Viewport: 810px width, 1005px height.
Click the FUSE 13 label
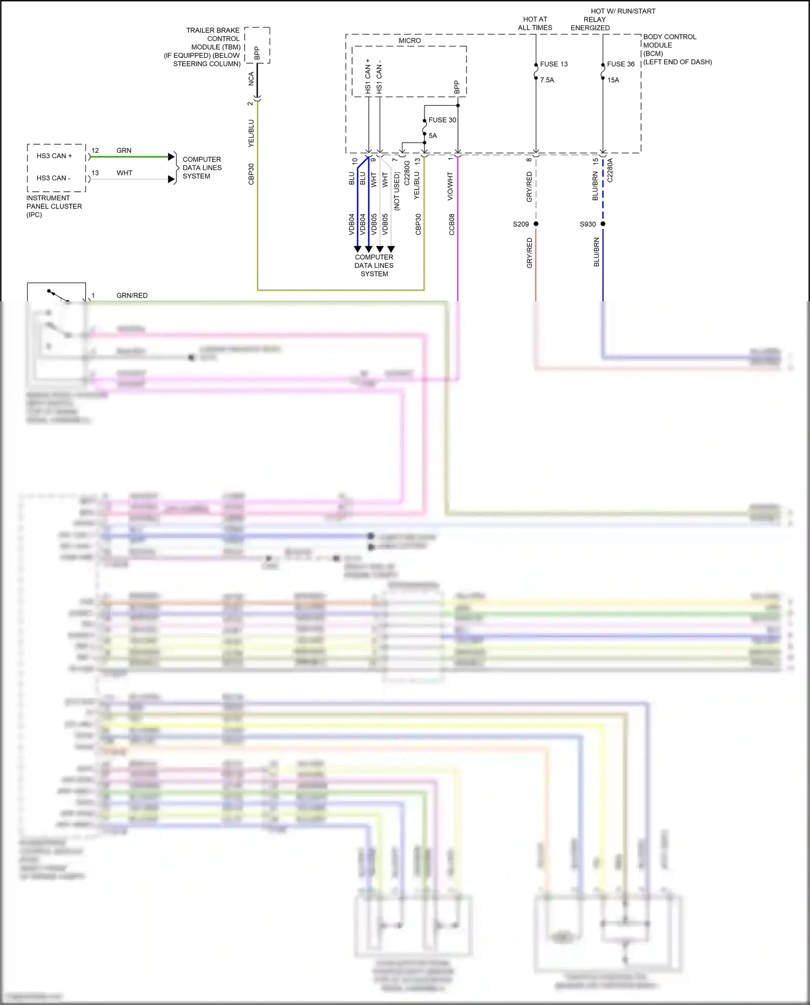coord(553,64)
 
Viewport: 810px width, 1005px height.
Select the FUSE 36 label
coord(620,64)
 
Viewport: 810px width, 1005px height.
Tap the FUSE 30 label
coord(442,120)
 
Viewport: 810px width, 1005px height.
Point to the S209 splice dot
coord(536,224)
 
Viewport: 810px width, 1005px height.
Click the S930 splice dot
coord(603,224)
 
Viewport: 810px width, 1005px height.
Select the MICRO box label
coord(409,41)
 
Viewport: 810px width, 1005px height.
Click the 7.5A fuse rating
coord(547,80)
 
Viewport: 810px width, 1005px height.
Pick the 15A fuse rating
coord(613,80)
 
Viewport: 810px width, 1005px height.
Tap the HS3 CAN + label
coord(54,156)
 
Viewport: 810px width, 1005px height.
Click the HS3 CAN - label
coord(53,178)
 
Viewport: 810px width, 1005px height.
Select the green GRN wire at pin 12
coord(130,157)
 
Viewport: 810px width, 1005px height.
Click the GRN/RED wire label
coord(132,295)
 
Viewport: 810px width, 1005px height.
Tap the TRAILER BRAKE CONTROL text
coord(213,35)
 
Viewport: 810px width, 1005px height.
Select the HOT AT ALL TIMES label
coord(535,23)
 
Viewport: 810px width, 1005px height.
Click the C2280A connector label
coord(610,170)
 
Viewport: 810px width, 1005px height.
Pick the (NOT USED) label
coord(397,191)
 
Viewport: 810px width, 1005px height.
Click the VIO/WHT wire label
coord(450,187)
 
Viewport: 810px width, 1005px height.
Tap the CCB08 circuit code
coord(452,224)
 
